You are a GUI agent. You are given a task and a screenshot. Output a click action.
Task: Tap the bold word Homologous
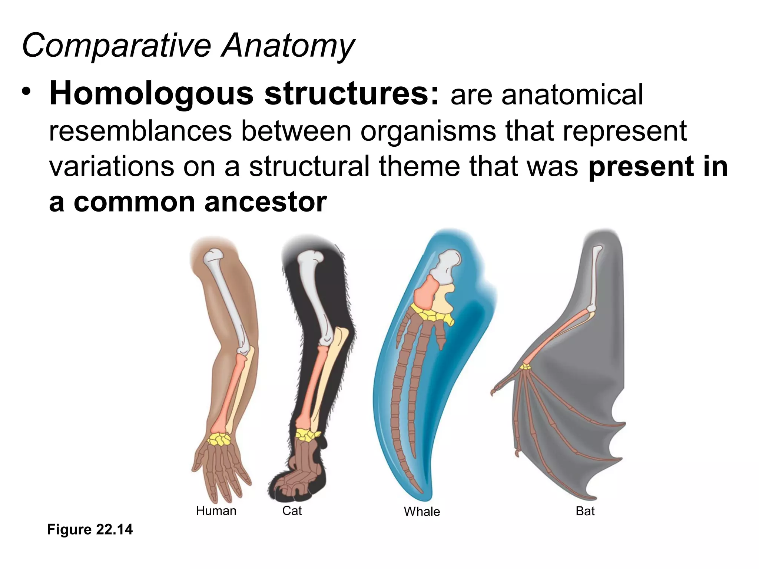coord(151,93)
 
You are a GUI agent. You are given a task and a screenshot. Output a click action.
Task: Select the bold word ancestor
coord(265,202)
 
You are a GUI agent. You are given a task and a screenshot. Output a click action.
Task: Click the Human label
coord(216,511)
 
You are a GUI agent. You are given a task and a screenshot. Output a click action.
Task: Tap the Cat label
coord(292,511)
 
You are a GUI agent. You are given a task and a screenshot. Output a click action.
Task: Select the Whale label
coord(422,512)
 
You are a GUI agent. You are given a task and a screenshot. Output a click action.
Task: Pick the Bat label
coord(585,511)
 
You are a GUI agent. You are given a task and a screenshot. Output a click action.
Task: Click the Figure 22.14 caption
coord(90,529)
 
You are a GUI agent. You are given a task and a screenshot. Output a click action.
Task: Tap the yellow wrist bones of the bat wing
coord(525,367)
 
